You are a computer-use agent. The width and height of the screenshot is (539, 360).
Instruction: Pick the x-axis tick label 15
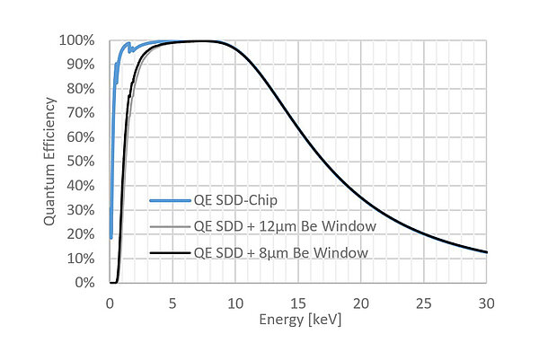click(x=297, y=303)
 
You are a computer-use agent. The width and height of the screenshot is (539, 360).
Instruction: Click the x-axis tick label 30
click(x=486, y=303)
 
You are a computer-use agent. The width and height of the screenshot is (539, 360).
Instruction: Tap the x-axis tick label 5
click(x=172, y=303)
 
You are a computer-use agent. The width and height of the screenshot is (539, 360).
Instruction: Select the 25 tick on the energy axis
click(x=423, y=303)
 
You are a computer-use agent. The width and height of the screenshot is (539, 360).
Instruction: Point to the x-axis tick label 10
click(x=234, y=303)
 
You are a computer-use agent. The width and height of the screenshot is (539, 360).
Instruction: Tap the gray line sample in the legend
click(x=168, y=226)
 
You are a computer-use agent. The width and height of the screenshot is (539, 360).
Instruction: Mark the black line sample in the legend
click(x=168, y=252)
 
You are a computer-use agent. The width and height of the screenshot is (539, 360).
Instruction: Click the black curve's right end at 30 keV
click(x=486, y=252)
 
